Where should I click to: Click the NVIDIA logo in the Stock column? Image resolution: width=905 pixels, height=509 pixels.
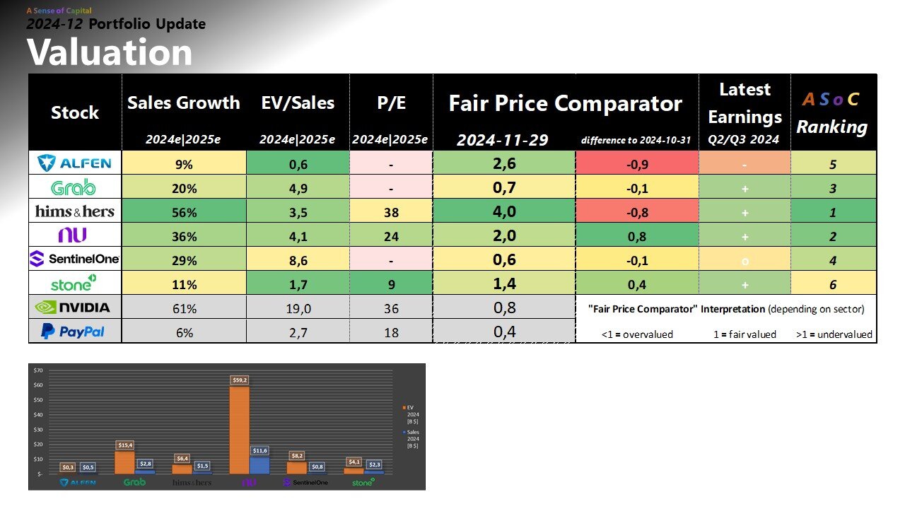tap(74, 308)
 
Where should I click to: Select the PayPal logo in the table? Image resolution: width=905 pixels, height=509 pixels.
tap(74, 331)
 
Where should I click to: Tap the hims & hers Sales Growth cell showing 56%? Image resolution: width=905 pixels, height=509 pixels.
tap(184, 211)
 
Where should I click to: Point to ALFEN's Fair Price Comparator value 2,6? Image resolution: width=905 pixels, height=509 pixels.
tap(505, 163)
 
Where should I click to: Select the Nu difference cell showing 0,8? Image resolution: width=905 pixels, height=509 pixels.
tap(637, 235)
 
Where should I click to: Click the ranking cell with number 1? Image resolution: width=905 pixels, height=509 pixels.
tap(834, 211)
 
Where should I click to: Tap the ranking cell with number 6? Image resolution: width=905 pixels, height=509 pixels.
tap(834, 283)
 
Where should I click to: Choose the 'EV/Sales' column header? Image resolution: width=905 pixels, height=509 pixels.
tap(298, 103)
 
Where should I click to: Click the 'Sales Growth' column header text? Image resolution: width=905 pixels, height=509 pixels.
tap(184, 103)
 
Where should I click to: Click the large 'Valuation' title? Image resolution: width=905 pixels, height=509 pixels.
tap(110, 52)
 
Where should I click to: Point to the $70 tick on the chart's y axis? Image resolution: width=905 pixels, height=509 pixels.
tap(38, 370)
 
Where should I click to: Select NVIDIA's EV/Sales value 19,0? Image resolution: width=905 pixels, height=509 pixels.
tap(298, 308)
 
